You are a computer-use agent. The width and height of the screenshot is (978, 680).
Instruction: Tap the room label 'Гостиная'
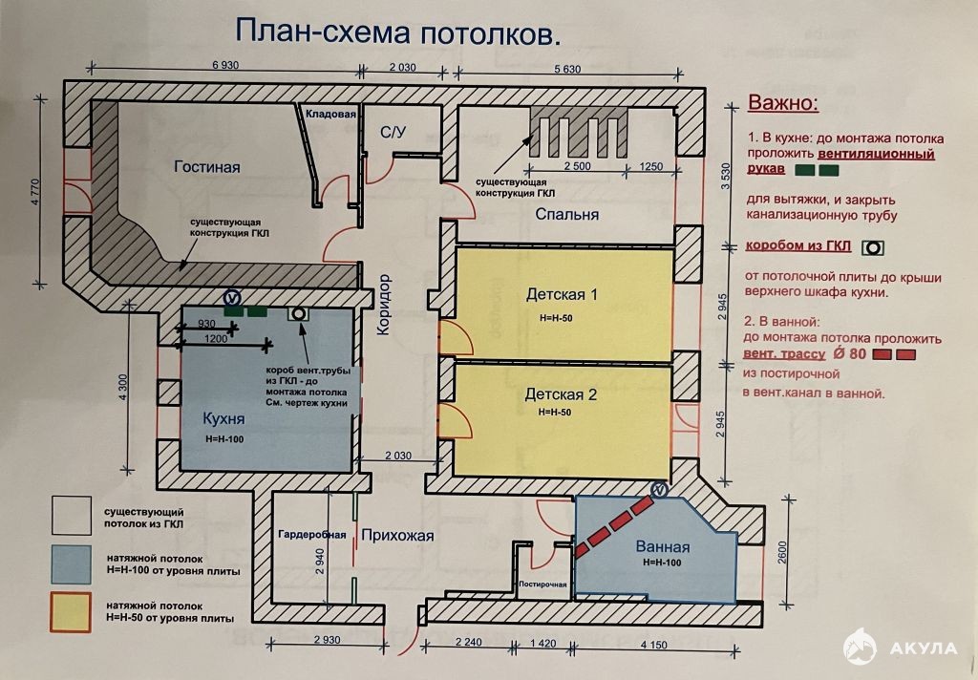(x=206, y=167)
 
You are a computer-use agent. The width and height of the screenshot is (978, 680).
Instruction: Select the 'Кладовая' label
(x=330, y=114)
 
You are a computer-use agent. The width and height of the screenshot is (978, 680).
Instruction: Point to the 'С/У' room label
(x=393, y=132)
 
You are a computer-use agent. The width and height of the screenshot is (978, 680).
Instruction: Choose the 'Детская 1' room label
(x=561, y=293)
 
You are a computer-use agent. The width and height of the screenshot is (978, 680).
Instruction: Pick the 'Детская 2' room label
(x=561, y=393)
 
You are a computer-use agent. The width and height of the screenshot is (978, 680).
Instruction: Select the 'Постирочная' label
(x=542, y=584)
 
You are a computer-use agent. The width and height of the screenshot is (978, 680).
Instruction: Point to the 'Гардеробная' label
(x=312, y=535)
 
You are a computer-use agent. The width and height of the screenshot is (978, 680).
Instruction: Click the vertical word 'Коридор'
(x=384, y=305)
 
